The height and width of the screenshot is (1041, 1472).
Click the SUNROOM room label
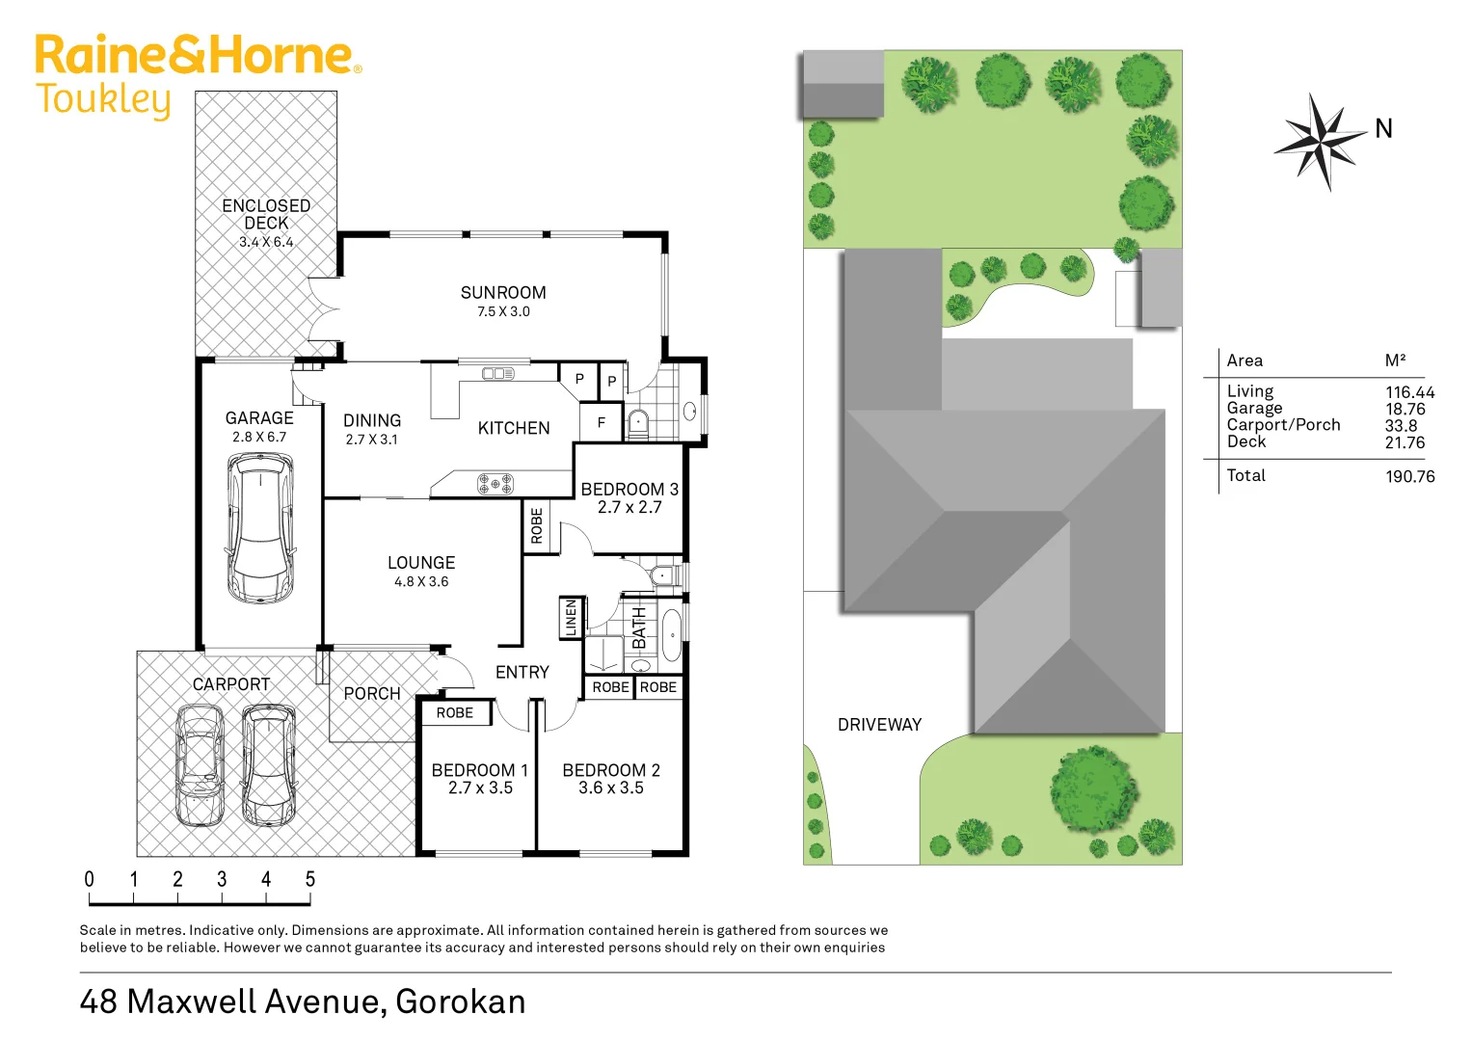tap(503, 293)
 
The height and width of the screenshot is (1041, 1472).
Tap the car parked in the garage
tap(260, 528)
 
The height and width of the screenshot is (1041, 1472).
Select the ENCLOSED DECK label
tap(266, 214)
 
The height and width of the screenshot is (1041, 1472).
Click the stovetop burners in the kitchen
tap(495, 483)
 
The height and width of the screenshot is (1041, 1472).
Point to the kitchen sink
tap(497, 373)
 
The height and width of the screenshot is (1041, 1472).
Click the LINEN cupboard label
tap(571, 618)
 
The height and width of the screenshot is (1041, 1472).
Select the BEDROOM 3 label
tap(629, 490)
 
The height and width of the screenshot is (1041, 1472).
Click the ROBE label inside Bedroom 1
tap(455, 713)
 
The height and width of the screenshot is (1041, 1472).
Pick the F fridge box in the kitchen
tap(602, 422)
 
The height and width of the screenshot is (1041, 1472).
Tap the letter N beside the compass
tap(1383, 129)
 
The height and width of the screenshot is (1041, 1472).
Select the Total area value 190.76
tap(1409, 476)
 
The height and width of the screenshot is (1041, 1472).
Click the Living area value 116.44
tap(1409, 392)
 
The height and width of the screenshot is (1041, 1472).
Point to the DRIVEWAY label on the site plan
tap(879, 725)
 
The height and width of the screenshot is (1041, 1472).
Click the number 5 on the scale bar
tap(310, 879)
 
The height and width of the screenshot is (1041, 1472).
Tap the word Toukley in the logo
tap(103, 100)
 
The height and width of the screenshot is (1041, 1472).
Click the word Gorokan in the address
tap(461, 1001)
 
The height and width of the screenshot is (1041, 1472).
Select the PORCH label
tap(372, 694)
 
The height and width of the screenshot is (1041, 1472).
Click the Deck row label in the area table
tap(1246, 442)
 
